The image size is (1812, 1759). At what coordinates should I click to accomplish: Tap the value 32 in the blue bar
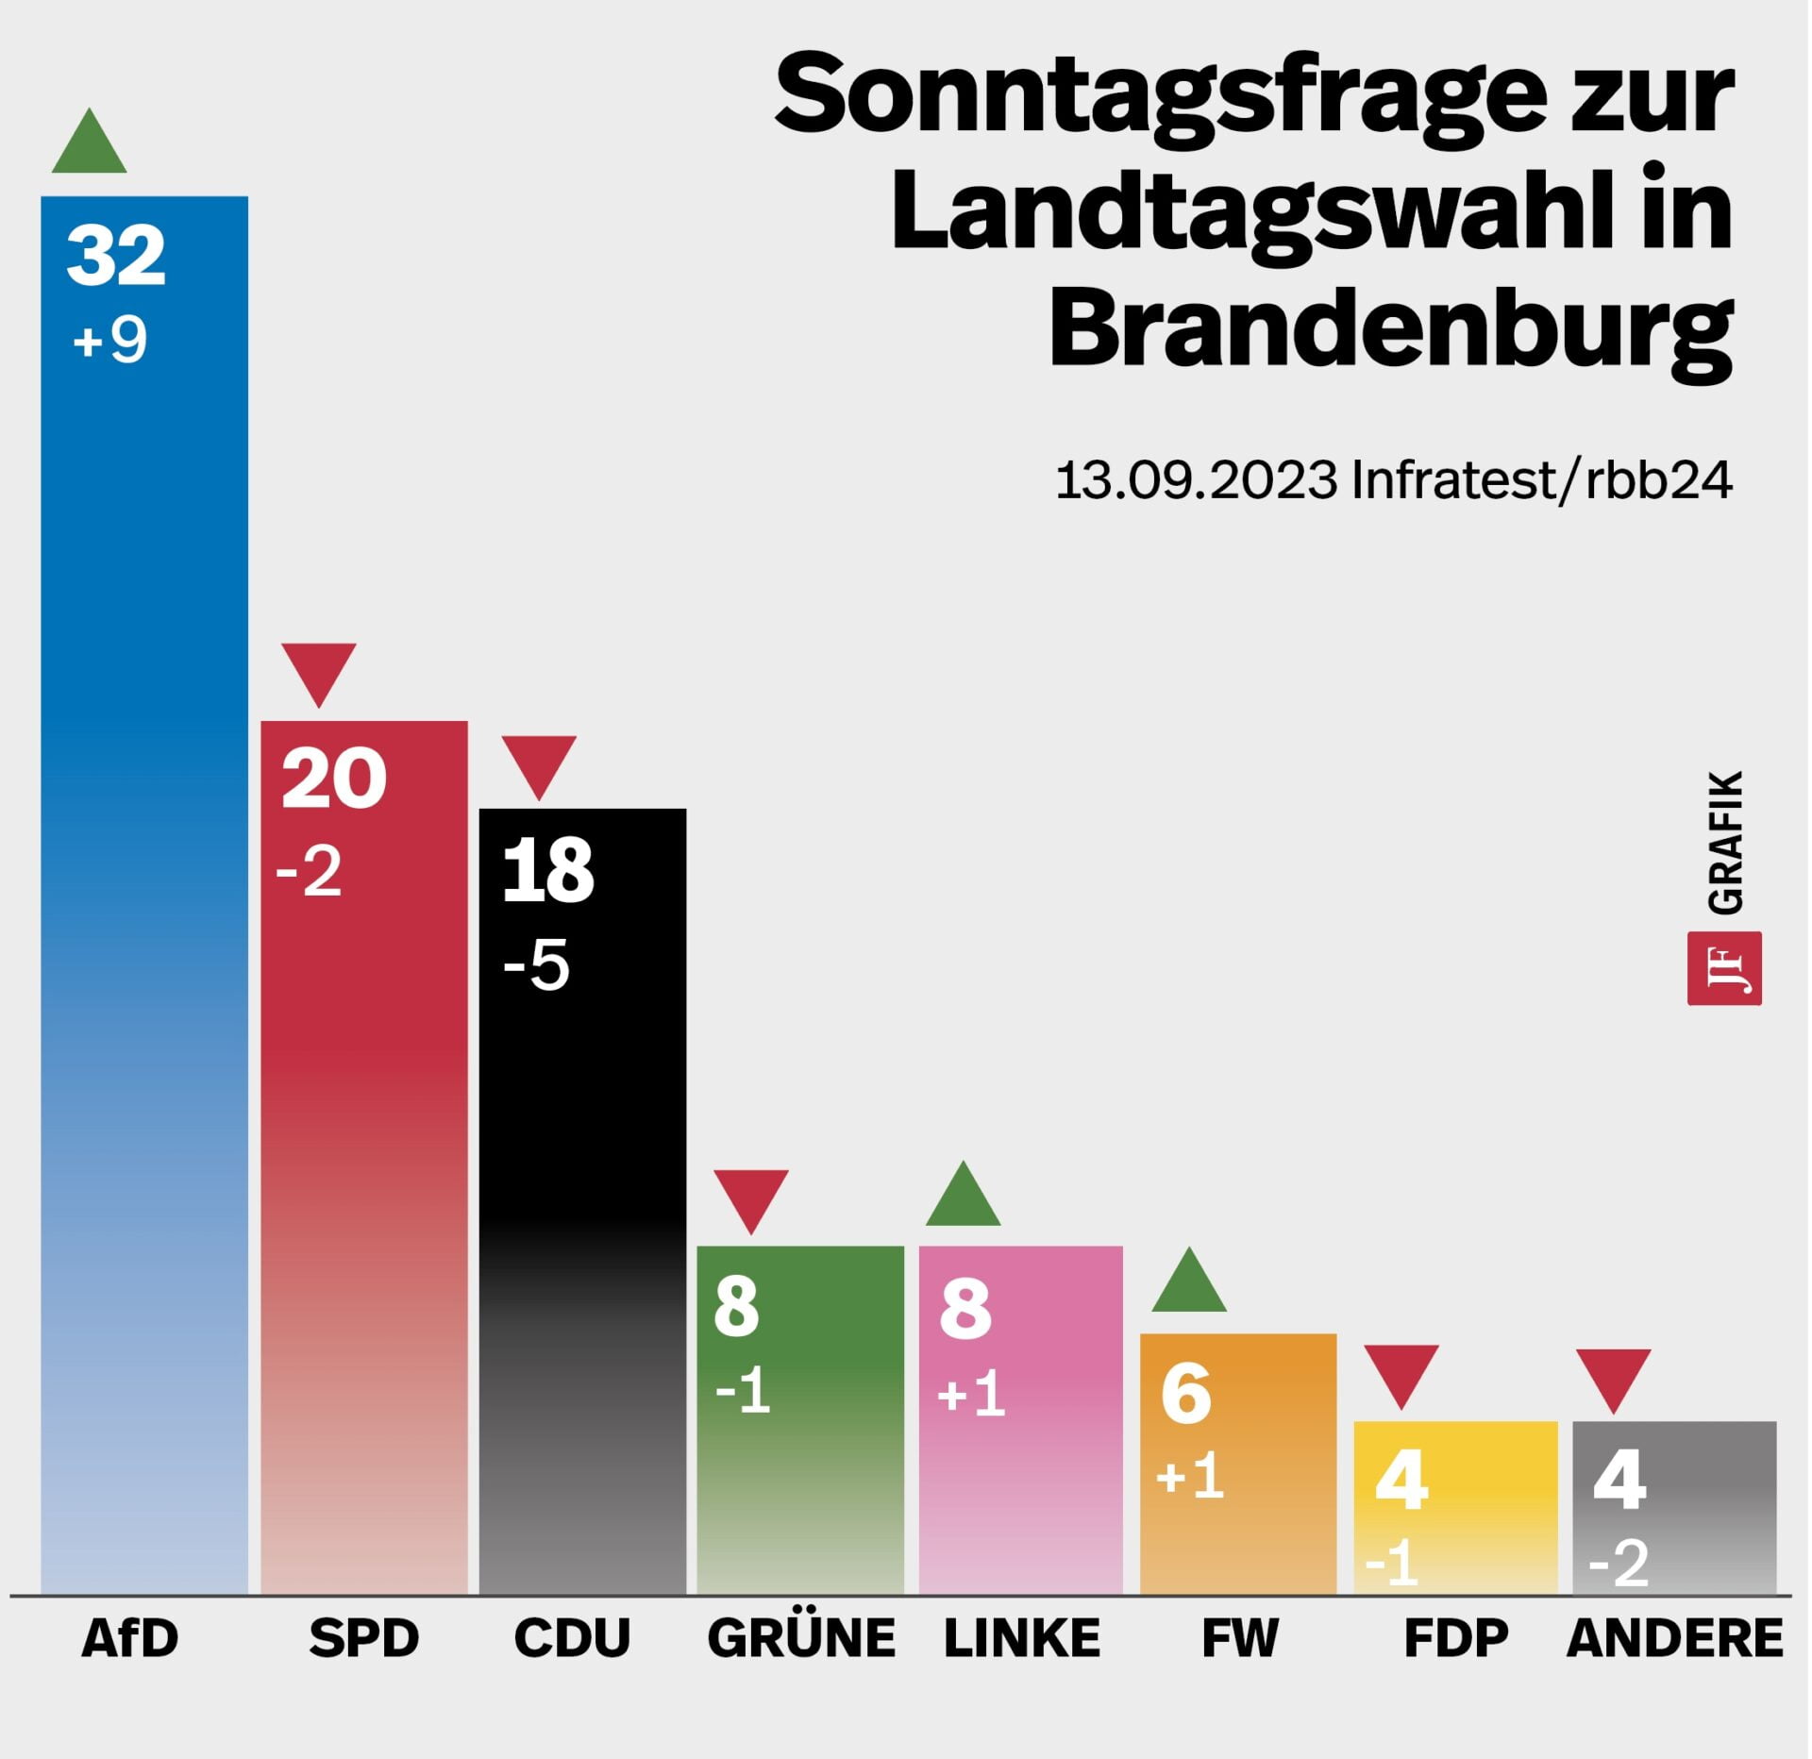[x=116, y=256]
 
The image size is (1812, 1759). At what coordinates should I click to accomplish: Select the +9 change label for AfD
[x=109, y=340]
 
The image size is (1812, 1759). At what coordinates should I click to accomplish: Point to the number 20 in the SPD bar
[x=333, y=779]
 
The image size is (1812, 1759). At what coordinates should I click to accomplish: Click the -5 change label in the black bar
[x=536, y=965]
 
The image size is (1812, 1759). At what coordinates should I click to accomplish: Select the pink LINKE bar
[x=1020, y=1472]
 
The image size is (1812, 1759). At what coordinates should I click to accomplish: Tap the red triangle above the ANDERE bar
[x=1613, y=1375]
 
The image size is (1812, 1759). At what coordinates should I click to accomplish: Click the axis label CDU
[x=572, y=1637]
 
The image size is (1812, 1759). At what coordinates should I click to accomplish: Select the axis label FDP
[x=1455, y=1637]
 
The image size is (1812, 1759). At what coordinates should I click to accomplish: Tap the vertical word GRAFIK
[x=1725, y=842]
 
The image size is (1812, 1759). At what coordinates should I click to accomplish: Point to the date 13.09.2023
[x=1195, y=480]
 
